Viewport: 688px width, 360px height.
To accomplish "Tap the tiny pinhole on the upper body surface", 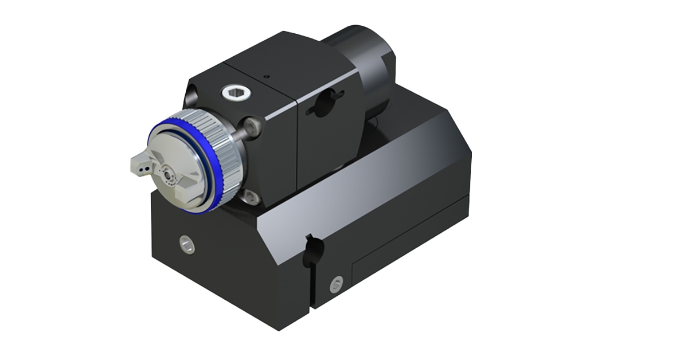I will [x=265, y=75].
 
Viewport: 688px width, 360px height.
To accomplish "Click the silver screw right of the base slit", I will [x=337, y=282].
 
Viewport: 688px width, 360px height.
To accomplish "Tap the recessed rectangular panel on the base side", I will [x=401, y=252].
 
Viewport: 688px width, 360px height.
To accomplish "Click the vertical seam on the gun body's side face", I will [x=296, y=143].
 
